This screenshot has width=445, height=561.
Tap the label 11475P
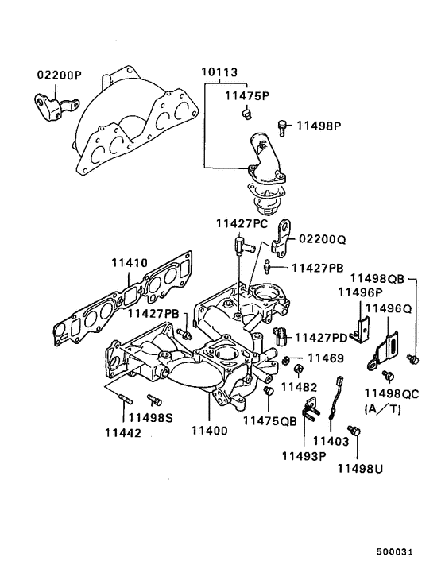pos(246,96)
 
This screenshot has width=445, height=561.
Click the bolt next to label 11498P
pos(283,126)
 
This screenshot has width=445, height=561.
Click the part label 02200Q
pos(323,238)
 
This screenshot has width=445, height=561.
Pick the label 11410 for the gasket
pos(130,261)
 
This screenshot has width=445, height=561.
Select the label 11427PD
pos(321,338)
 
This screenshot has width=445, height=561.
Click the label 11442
pos(122,433)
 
